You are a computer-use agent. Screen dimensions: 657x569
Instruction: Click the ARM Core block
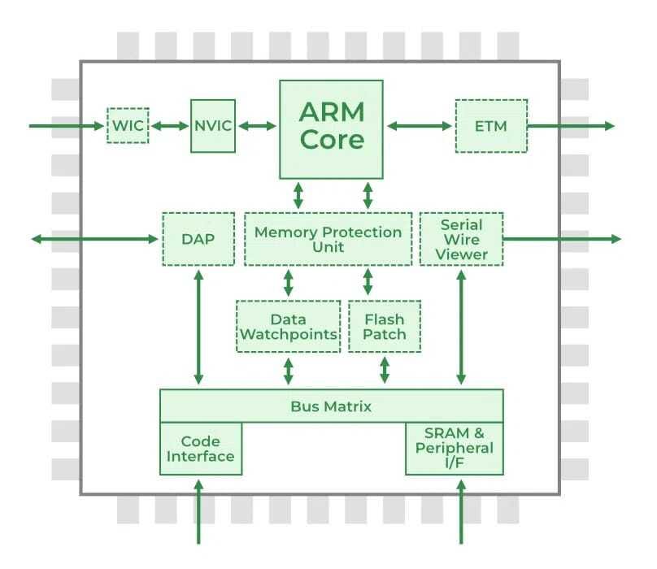[x=331, y=129]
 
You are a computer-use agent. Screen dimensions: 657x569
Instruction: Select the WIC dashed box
[x=128, y=125]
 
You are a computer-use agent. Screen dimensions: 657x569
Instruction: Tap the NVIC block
[x=213, y=126]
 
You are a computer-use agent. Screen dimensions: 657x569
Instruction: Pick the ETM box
[x=491, y=126]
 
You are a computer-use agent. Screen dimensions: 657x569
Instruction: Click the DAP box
[x=198, y=239]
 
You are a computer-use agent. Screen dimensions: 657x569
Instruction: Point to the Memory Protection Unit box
[x=328, y=239]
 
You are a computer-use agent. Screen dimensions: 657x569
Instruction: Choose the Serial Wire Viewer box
[x=461, y=239]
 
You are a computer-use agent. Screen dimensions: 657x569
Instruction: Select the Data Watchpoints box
[x=289, y=327]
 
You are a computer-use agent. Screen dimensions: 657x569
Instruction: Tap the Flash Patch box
[x=385, y=327]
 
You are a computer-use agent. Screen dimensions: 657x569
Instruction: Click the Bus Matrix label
[x=331, y=406]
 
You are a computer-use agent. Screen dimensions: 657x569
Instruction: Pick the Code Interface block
[x=201, y=449]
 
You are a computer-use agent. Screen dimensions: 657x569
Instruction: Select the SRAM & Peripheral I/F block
[x=455, y=449]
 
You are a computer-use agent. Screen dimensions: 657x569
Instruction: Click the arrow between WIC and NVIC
[x=170, y=126]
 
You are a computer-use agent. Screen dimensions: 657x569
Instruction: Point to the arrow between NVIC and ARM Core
[x=257, y=126]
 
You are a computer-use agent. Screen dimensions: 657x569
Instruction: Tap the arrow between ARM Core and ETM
[x=419, y=126]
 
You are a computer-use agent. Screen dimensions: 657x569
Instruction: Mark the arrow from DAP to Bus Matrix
[x=198, y=328]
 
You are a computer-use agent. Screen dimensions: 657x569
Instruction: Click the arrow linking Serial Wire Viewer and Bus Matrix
[x=461, y=328]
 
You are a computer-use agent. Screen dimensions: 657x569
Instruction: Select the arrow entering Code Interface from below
[x=198, y=512]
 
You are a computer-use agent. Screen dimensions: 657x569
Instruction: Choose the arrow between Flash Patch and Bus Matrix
[x=385, y=370]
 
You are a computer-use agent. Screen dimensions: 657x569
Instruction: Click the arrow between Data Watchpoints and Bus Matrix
[x=289, y=371]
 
